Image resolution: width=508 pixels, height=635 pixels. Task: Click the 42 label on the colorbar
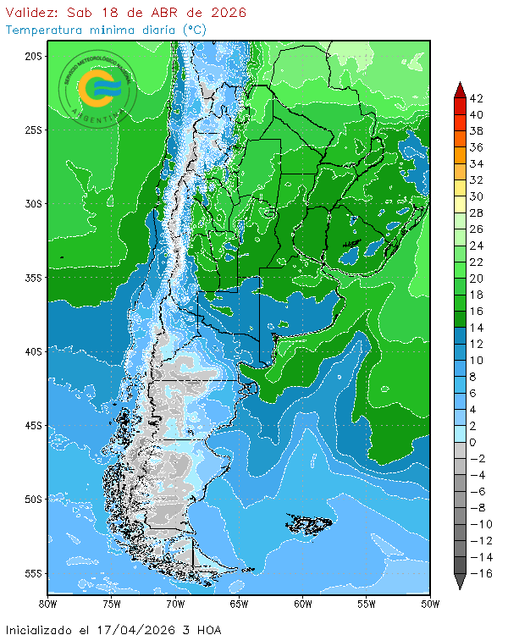[x=476, y=98]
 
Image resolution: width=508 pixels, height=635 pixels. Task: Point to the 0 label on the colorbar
[x=473, y=443]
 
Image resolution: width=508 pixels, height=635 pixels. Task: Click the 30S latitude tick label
[x=34, y=204]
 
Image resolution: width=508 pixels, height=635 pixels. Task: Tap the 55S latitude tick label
[x=34, y=573]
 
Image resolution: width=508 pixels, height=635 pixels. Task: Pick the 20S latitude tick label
[x=34, y=56]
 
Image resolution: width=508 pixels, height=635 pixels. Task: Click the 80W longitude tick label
[x=48, y=604]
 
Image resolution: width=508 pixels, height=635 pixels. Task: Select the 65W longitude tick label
[x=239, y=604]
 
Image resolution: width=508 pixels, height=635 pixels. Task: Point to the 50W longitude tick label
[x=430, y=604]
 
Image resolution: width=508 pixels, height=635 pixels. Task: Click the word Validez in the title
[x=32, y=13]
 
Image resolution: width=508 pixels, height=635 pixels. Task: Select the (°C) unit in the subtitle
[x=193, y=30]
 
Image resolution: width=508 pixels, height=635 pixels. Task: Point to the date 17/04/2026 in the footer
[x=157, y=629]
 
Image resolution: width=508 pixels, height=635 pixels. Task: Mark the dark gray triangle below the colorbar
[x=460, y=582]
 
